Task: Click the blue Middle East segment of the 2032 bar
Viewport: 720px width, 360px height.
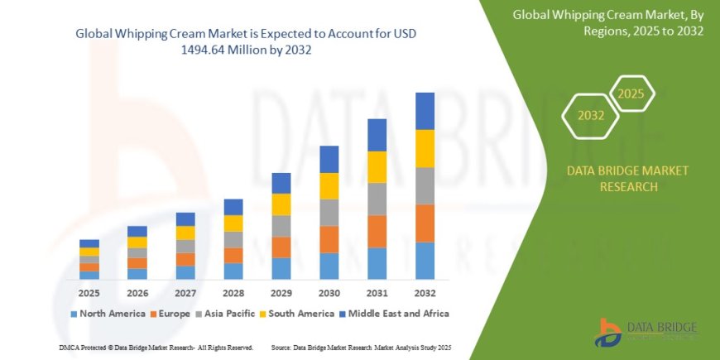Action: point(425,111)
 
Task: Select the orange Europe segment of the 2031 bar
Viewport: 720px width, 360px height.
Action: point(377,231)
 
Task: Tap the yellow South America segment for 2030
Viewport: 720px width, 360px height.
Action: point(329,185)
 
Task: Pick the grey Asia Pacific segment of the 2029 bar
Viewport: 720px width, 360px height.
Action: point(281,226)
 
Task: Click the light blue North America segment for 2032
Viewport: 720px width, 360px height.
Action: point(425,260)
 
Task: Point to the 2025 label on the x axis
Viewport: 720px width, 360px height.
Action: point(89,292)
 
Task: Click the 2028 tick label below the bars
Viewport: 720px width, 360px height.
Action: point(233,292)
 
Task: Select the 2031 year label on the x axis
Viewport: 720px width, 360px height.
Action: point(377,292)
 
